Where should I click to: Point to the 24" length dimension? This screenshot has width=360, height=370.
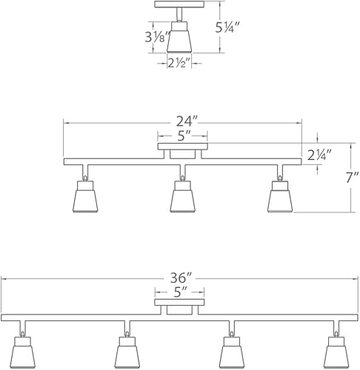[182, 121]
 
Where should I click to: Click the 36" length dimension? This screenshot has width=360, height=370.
[178, 277]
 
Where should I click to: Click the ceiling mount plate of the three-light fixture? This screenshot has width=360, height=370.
[182, 147]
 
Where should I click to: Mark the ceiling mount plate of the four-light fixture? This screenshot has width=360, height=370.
[178, 302]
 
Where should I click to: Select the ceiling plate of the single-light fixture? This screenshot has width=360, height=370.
[179, 4]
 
